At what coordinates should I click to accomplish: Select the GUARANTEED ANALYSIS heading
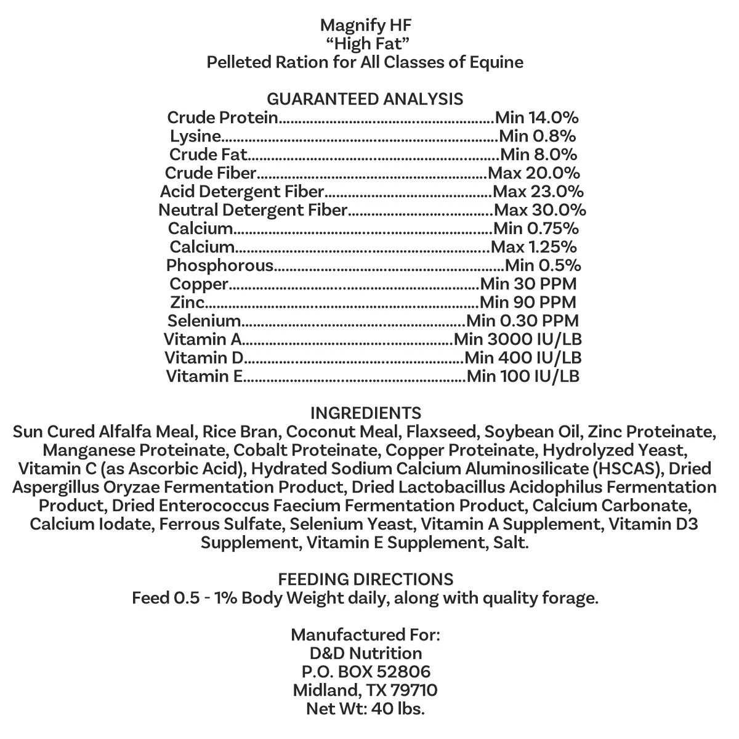365,99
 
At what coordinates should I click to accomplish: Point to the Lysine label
195,136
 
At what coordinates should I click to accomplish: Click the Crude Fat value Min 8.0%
538,155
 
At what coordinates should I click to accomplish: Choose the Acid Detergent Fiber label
242,192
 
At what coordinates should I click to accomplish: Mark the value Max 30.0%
540,210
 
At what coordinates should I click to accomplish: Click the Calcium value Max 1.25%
534,247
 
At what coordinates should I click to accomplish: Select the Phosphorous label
219,265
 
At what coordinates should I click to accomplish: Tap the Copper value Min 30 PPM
528,284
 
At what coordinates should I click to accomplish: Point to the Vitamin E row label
204,376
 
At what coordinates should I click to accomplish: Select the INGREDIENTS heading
366,413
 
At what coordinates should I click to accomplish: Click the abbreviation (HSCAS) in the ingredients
629,469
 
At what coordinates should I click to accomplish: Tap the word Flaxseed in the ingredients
448,432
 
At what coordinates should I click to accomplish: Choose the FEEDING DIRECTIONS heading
366,579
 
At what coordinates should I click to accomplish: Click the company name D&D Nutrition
366,653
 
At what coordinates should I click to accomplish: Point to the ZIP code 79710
413,690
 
